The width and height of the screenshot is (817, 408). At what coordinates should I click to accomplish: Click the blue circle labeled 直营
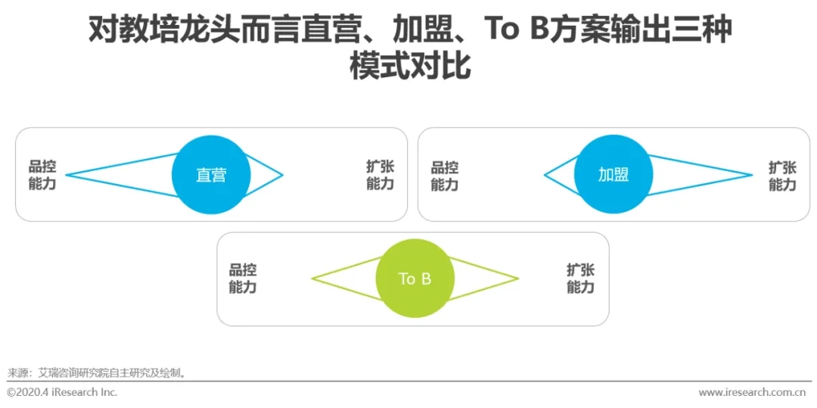point(211,175)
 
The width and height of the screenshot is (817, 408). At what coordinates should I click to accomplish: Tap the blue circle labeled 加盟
point(614,175)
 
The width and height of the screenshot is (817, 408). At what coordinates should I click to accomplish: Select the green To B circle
point(415,279)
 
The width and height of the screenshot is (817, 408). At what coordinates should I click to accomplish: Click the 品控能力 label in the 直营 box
point(42,175)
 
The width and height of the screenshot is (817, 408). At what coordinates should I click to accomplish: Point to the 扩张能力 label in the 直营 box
point(380,175)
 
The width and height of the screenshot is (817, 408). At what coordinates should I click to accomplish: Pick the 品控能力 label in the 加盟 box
point(445,175)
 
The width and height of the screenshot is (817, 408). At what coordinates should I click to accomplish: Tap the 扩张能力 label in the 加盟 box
point(782,175)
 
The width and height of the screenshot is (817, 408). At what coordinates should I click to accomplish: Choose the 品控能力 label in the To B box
point(243,279)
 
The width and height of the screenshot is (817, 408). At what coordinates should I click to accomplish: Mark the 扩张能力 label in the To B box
point(580,279)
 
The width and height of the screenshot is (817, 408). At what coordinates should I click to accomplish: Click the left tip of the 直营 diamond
point(67,176)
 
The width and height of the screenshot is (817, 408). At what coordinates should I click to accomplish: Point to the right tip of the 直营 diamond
point(282,176)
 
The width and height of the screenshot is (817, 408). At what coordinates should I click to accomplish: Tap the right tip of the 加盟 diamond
point(752,176)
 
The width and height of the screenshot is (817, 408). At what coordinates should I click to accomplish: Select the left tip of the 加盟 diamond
point(545,176)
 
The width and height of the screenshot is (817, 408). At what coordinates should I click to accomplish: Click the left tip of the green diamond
point(312,279)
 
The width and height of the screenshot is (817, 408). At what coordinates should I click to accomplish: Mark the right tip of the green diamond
point(518,279)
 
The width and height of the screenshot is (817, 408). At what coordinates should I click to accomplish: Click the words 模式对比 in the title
point(409,67)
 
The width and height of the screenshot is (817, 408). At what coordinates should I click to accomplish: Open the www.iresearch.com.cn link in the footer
point(751,392)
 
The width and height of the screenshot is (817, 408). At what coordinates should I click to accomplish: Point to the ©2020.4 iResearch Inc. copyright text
point(62,392)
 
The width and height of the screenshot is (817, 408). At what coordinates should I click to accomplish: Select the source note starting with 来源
point(96,372)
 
